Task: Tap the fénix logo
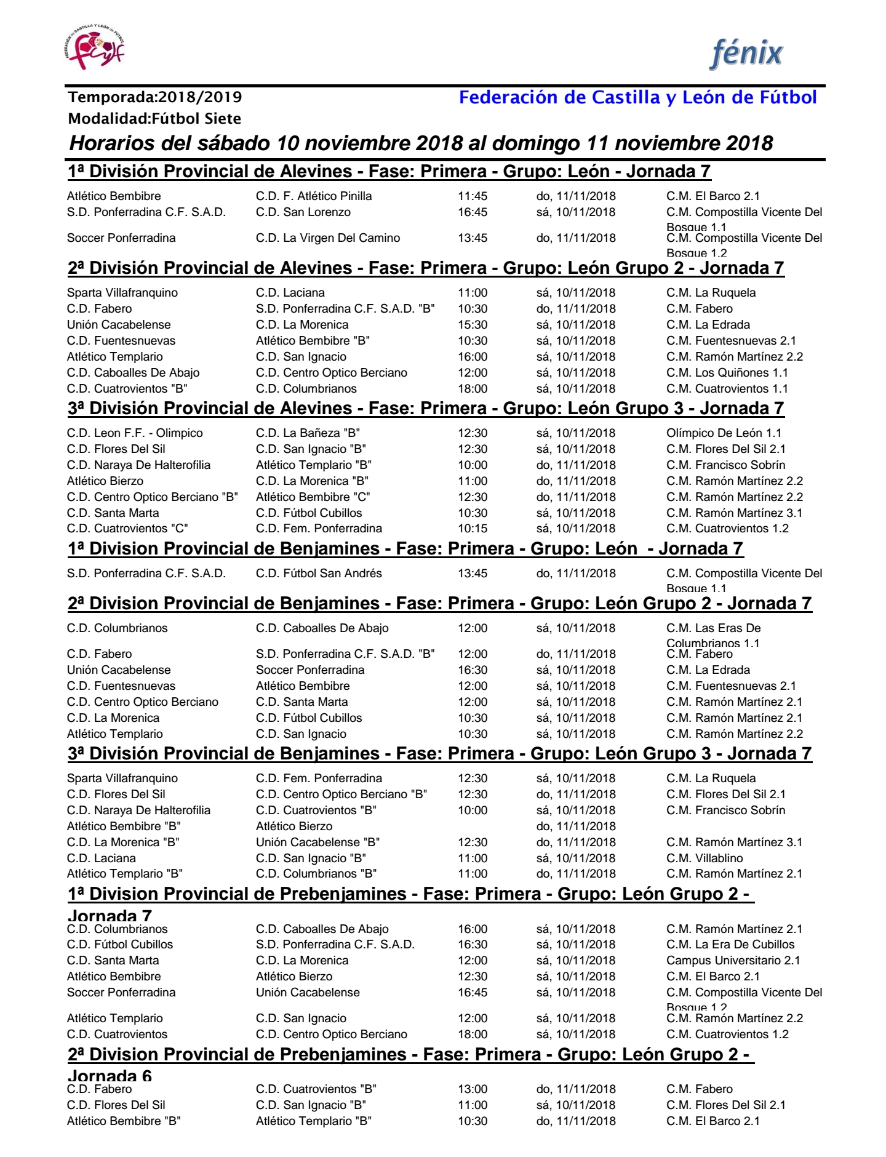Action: [746, 54]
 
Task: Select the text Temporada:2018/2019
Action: [155, 97]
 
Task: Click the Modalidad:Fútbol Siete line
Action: [154, 119]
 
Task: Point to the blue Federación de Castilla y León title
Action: [637, 97]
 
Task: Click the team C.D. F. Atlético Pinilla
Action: [314, 196]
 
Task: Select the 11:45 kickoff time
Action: [472, 196]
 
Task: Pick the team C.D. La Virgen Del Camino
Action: [328, 238]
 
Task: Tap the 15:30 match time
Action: [472, 325]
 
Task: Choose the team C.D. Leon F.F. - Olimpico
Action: [135, 433]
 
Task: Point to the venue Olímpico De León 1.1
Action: [724, 433]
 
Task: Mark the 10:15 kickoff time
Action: [472, 529]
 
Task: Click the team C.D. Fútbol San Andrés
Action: [319, 574]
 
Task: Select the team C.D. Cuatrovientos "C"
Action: [127, 529]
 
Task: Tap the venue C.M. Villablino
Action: [704, 859]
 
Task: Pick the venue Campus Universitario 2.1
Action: [733, 961]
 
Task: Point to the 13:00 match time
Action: [472, 1089]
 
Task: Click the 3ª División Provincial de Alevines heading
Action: [426, 409]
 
